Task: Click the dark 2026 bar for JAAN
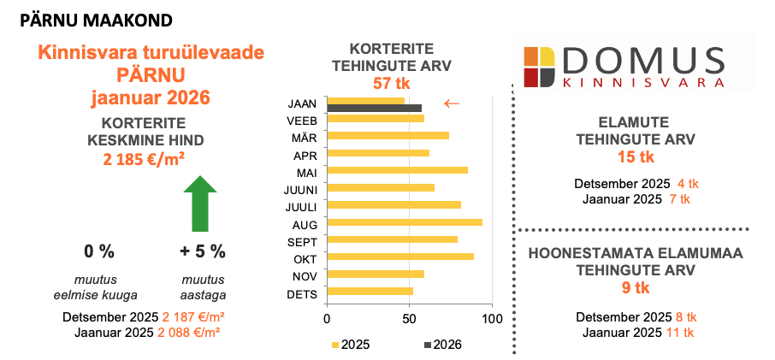click(375, 109)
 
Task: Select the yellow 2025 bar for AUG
click(405, 222)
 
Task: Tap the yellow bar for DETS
click(370, 292)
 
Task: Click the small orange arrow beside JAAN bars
click(452, 103)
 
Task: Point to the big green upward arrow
click(199, 204)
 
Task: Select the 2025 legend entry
click(350, 345)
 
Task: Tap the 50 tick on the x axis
click(410, 319)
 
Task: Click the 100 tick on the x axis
click(492, 319)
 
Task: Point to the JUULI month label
click(302, 205)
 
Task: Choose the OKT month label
click(305, 257)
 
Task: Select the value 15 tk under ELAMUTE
click(636, 157)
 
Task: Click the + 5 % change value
click(203, 251)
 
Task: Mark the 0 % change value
click(99, 251)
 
